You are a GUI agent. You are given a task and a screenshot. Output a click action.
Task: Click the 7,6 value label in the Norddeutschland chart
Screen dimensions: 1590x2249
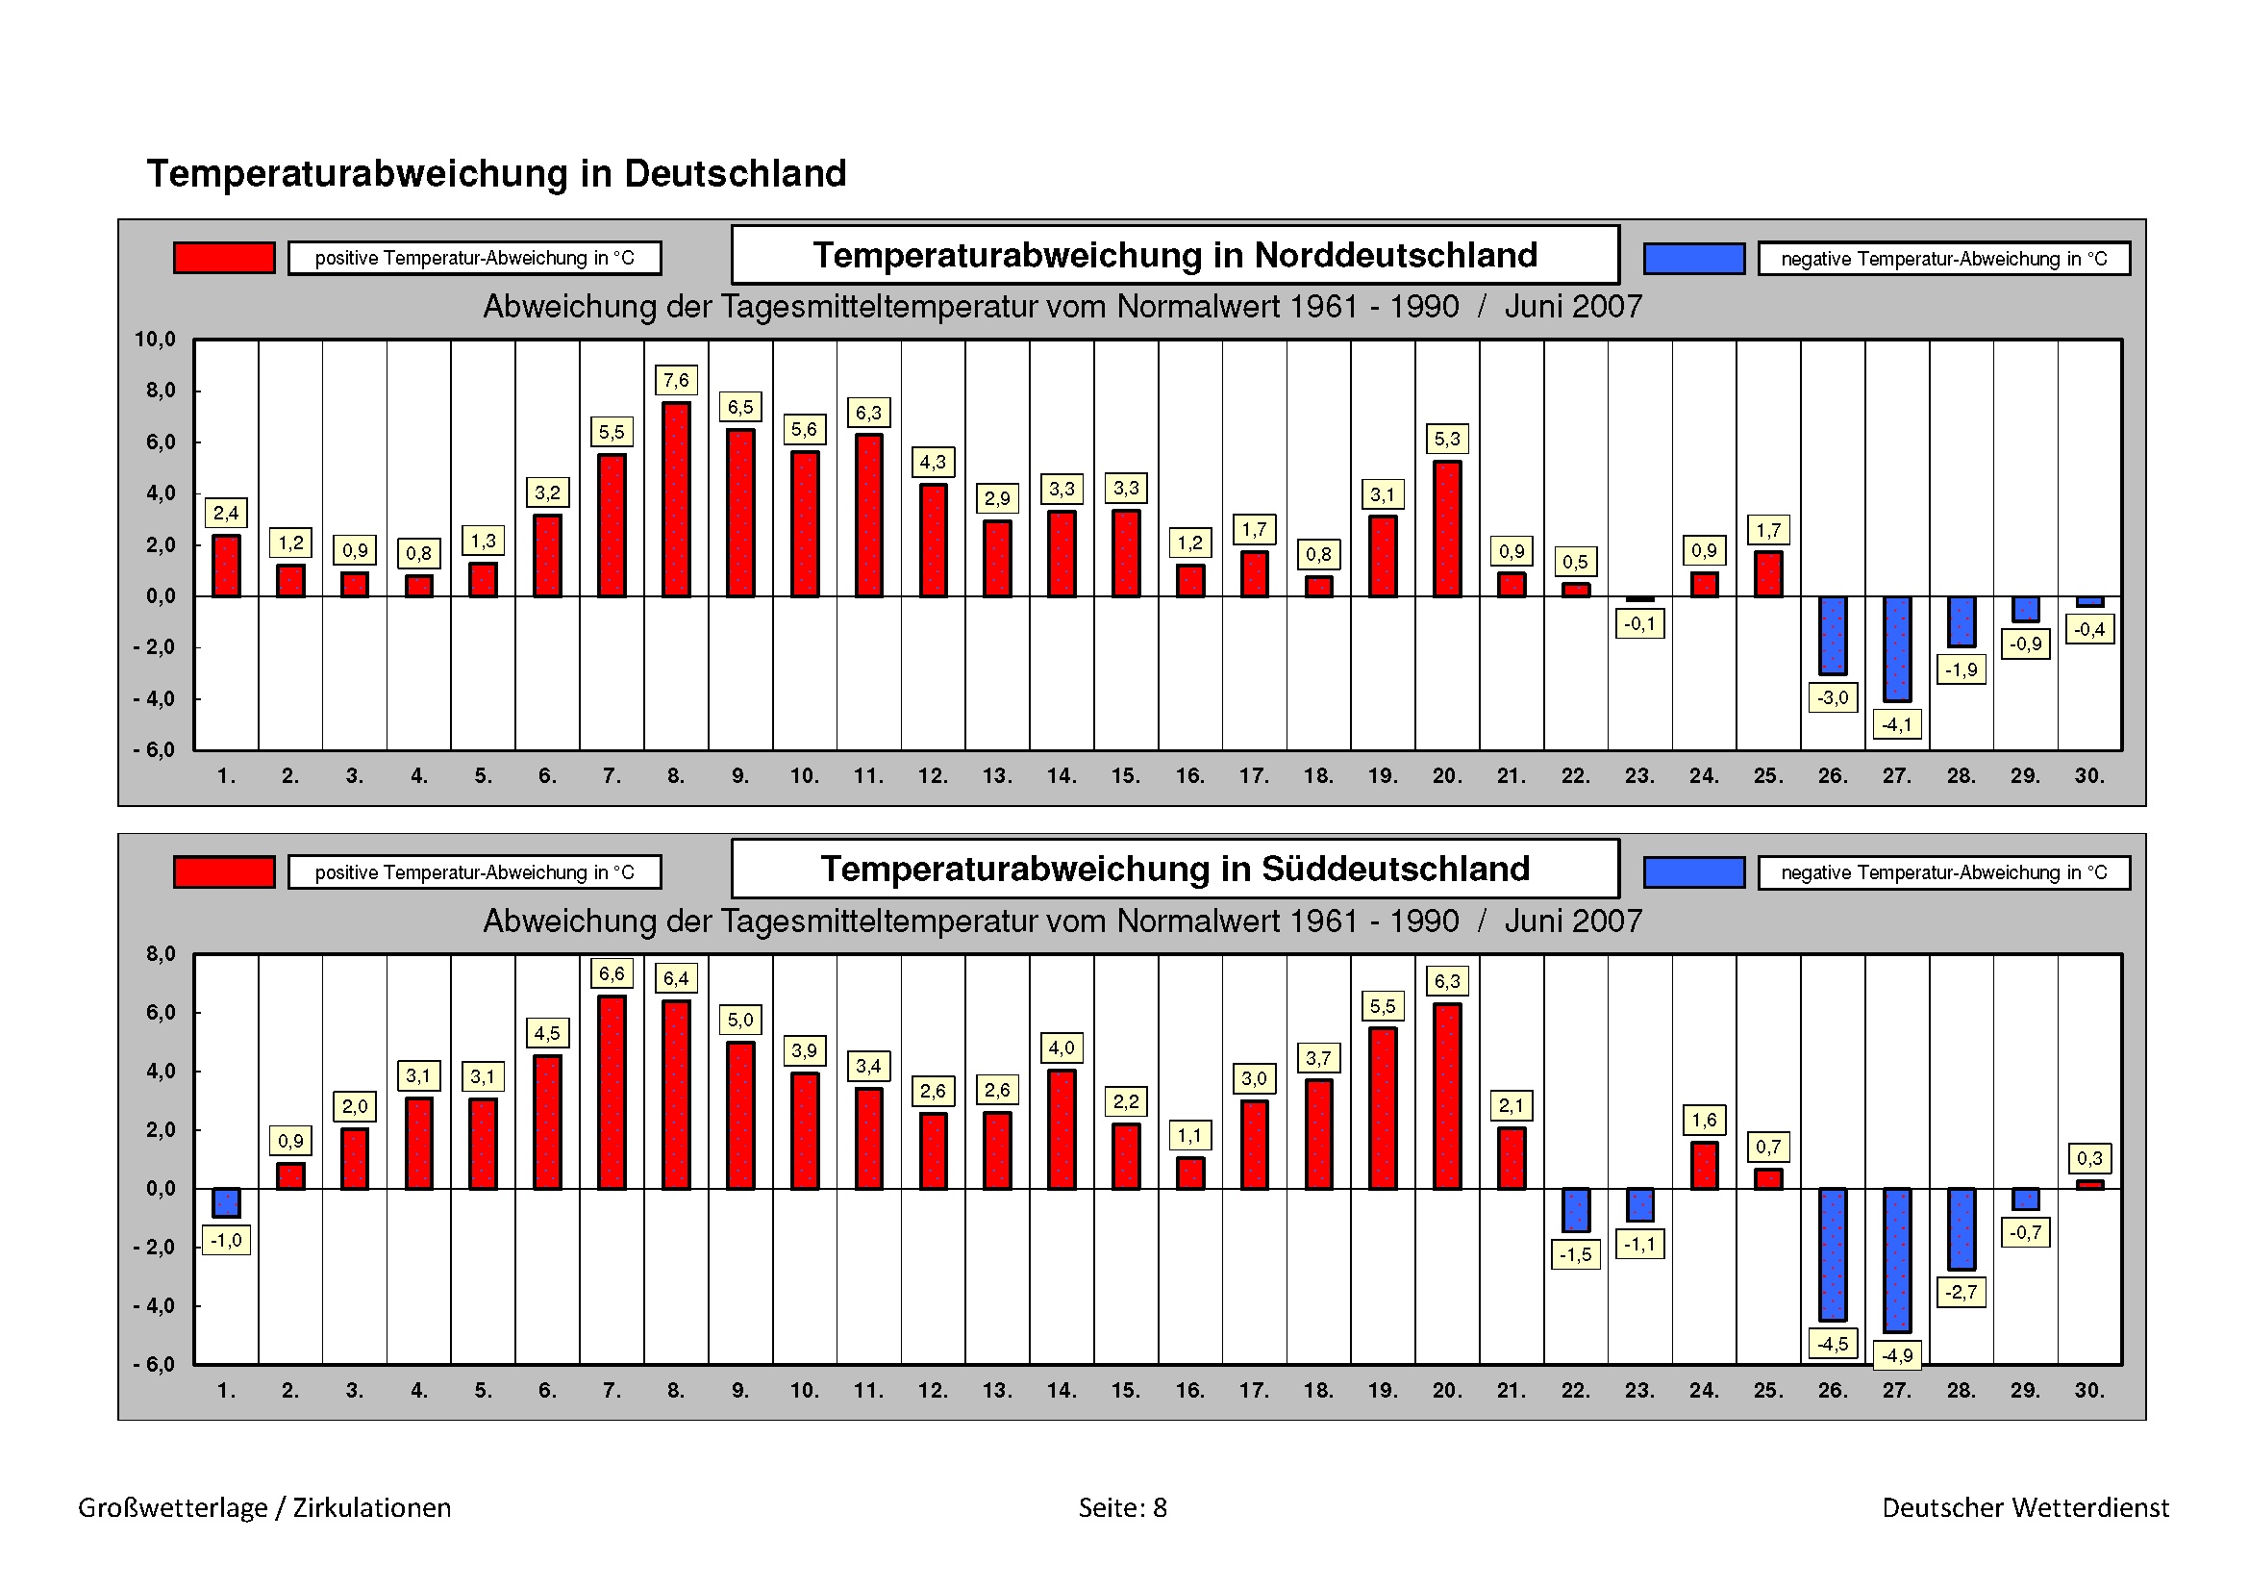point(676,380)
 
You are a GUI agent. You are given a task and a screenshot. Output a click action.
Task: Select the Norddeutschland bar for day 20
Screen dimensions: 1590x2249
point(1447,528)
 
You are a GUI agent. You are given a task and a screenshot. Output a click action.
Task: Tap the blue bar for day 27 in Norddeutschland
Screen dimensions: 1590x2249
point(1896,647)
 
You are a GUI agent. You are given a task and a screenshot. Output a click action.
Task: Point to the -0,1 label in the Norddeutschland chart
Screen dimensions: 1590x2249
point(1638,624)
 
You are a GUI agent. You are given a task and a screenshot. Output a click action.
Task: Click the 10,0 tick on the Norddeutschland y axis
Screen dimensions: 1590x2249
point(156,340)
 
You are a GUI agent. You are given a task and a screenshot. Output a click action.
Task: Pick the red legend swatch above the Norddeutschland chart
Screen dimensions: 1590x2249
point(224,258)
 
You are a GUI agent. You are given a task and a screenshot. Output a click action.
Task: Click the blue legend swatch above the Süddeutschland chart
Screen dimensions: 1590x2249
point(1693,871)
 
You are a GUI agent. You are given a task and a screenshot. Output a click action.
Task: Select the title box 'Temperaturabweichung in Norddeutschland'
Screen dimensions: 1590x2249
point(1174,255)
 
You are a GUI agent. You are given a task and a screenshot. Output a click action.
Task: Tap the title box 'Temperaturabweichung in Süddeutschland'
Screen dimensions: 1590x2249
point(1174,869)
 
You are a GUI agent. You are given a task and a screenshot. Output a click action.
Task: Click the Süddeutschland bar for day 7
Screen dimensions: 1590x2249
point(612,1093)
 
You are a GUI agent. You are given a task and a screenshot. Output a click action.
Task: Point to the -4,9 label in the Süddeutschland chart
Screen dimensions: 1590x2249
point(1896,1356)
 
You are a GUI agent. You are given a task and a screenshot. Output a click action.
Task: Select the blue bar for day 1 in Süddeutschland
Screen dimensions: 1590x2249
point(226,1202)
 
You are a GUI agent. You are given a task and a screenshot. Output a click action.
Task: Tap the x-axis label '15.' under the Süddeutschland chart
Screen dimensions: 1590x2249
point(1126,1390)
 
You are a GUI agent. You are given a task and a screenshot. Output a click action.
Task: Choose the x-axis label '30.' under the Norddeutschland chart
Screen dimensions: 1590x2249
point(2089,776)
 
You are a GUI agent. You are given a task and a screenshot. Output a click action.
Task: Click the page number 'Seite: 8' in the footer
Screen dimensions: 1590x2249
point(1122,1507)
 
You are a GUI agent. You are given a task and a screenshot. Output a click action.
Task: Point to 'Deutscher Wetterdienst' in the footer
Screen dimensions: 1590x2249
point(2026,1507)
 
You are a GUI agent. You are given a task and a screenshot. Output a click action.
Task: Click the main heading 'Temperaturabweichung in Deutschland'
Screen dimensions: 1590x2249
point(496,173)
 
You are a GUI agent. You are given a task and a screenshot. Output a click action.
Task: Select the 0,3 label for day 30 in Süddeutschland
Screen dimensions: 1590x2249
point(2089,1158)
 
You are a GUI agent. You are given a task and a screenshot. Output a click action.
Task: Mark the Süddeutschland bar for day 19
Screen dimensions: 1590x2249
point(1382,1108)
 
